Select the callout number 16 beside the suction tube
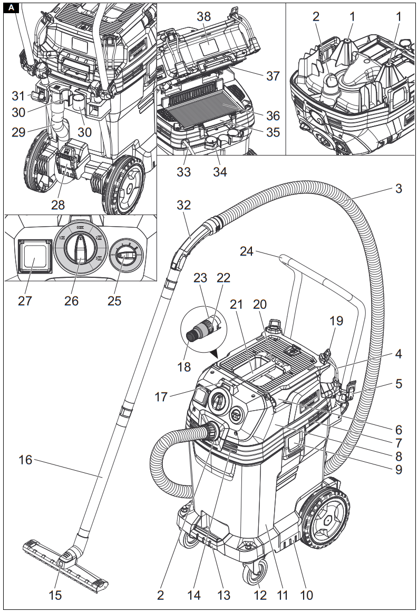click(x=25, y=460)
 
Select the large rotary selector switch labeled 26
click(x=77, y=248)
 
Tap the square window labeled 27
click(x=32, y=259)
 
